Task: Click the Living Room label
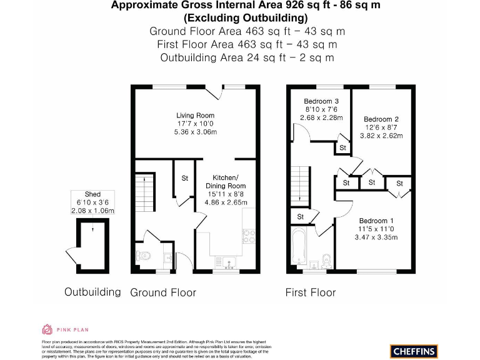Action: point(196,116)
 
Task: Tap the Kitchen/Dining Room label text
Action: point(226,181)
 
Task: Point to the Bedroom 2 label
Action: point(381,119)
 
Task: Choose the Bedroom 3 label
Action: point(321,101)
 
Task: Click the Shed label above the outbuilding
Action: point(92,194)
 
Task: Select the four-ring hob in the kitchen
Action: point(248,235)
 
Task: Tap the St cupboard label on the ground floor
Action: point(185,178)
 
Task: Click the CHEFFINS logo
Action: point(414,351)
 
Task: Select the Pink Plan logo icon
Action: point(47,329)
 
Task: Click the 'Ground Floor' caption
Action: point(162,292)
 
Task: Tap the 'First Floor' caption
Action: point(311,292)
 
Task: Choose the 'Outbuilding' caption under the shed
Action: point(92,292)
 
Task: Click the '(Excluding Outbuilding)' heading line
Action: point(246,17)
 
